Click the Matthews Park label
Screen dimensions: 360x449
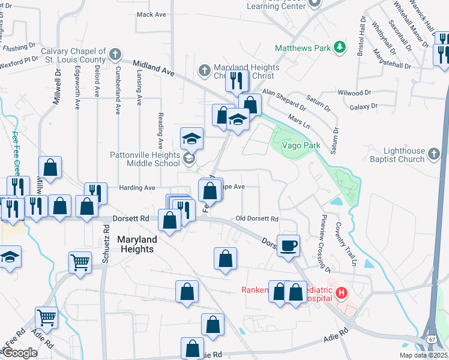click(303, 47)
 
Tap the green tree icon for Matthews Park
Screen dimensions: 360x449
click(340, 47)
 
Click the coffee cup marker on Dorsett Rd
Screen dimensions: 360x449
click(289, 245)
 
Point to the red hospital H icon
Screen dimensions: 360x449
click(341, 293)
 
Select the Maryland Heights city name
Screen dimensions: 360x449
click(137, 244)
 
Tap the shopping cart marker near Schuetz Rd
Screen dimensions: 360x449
click(80, 262)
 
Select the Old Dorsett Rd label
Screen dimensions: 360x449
click(258, 219)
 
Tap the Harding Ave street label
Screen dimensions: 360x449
click(137, 188)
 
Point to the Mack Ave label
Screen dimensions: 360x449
click(151, 14)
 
